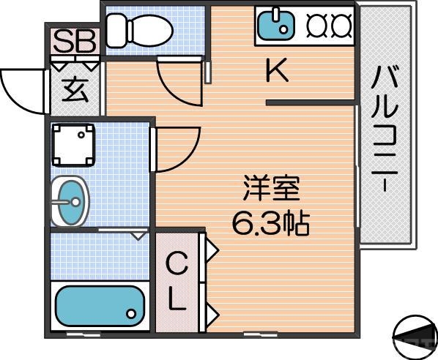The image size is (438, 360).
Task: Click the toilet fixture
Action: (139, 29)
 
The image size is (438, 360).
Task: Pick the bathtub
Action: (97, 306)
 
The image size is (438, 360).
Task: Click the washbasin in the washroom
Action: (70, 200)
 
